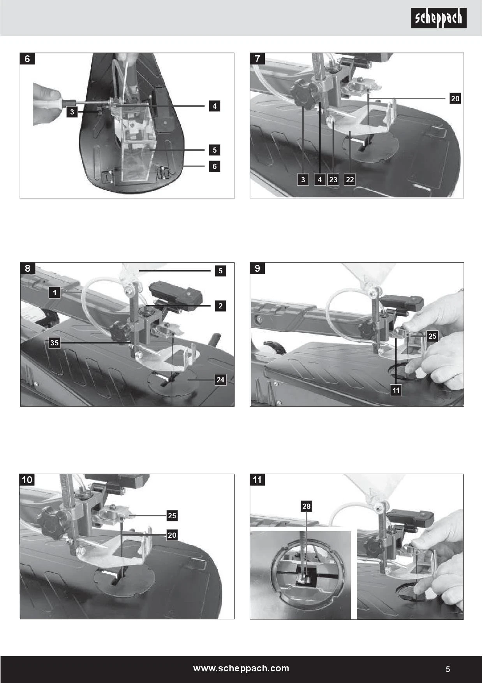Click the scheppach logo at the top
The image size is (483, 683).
pos(439,18)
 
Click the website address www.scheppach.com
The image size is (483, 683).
pos(241,668)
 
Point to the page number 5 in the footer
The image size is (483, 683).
pos(448,669)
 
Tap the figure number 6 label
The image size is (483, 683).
pos(27,59)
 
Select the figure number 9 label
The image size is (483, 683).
pos(257,268)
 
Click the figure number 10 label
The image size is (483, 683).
pos(27,480)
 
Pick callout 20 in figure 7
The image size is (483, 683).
pos(455,99)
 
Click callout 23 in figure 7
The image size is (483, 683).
pos(333,180)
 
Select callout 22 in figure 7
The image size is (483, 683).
pos(350,180)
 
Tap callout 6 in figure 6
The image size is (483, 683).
pos(214,166)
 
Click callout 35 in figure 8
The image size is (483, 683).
pos(55,343)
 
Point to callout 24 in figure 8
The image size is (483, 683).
pos(220,380)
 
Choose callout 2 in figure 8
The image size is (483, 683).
pos(220,306)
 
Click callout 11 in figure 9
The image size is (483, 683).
pos(396,390)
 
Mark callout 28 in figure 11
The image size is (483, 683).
pos(307,506)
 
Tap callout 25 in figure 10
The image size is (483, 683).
pos(172,516)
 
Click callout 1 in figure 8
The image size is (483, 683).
pos(55,293)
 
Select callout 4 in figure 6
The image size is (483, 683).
pos(214,106)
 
